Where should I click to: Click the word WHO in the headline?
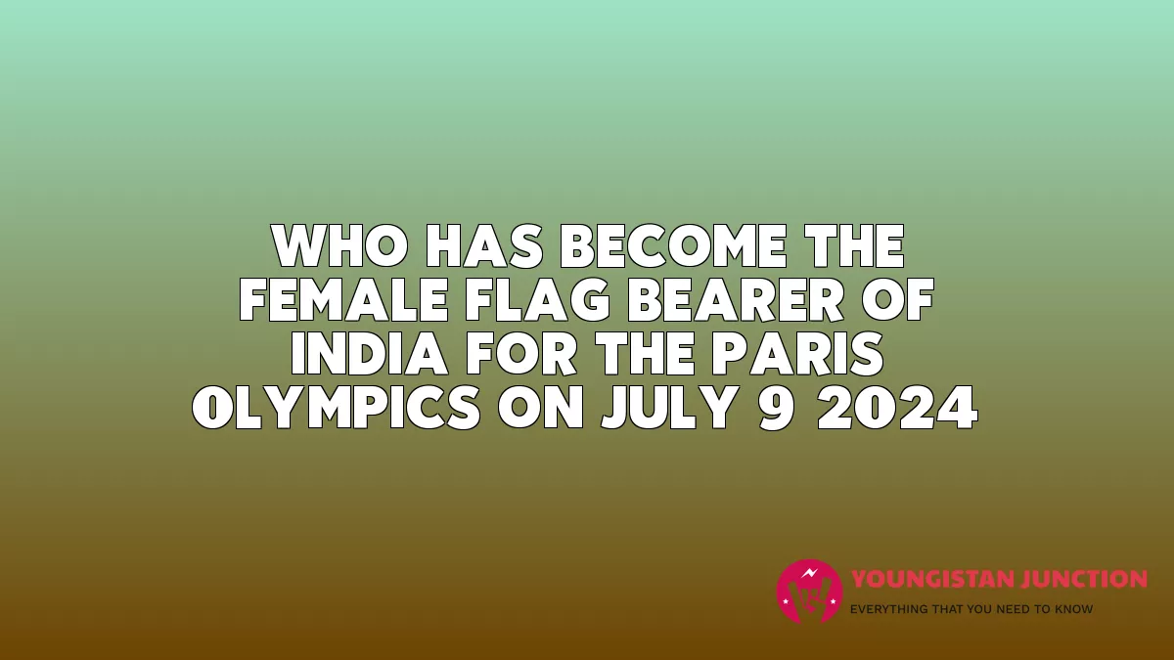[339, 246]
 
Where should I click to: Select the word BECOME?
[673, 246]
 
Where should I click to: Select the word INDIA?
[369, 354]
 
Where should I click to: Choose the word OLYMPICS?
[336, 408]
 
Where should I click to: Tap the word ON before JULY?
[540, 408]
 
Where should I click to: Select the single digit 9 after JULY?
[775, 408]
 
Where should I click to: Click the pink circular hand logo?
[810, 592]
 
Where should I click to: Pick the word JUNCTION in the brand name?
[1083, 579]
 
